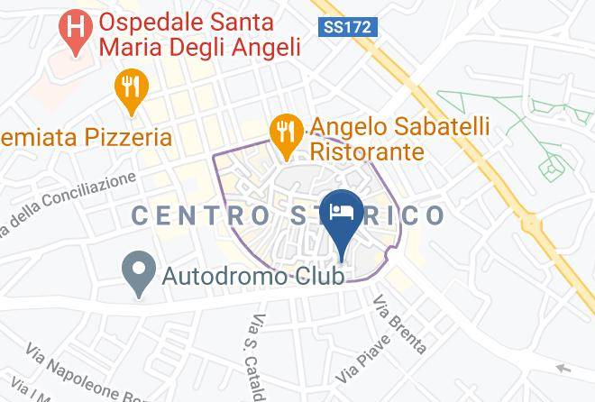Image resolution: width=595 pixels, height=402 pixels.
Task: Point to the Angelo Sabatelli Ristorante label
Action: [x=399, y=139]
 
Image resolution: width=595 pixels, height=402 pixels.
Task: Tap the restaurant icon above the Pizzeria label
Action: [x=133, y=88]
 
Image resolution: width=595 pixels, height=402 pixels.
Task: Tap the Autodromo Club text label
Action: [x=253, y=277]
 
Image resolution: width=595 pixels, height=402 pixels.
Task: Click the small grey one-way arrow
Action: [x=563, y=368]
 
